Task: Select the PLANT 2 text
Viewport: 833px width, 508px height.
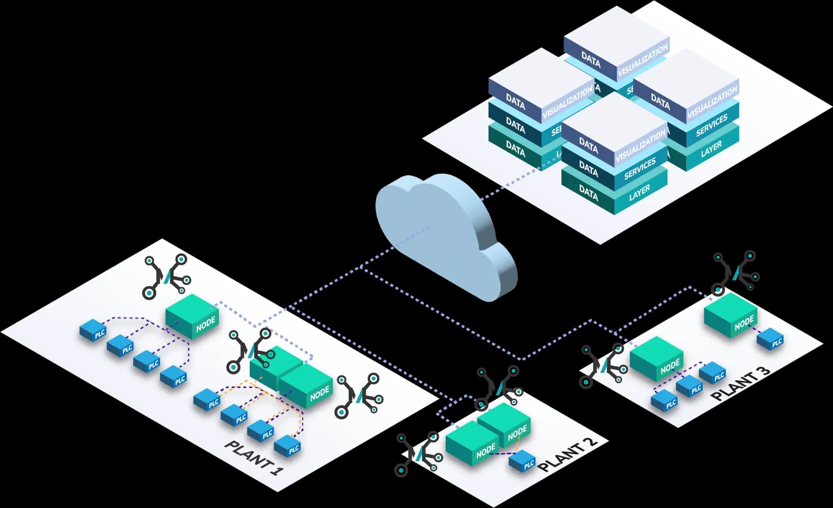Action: coord(568,454)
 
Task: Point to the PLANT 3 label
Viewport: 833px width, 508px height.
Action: coord(740,384)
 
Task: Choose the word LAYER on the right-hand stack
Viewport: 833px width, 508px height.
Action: coord(711,148)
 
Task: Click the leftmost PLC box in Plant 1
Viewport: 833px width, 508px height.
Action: coord(93,330)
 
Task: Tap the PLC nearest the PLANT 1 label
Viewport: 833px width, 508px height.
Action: coord(287,446)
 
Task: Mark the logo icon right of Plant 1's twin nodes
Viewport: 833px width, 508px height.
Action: coord(358,396)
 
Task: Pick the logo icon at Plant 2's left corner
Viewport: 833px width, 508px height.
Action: coord(419,454)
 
